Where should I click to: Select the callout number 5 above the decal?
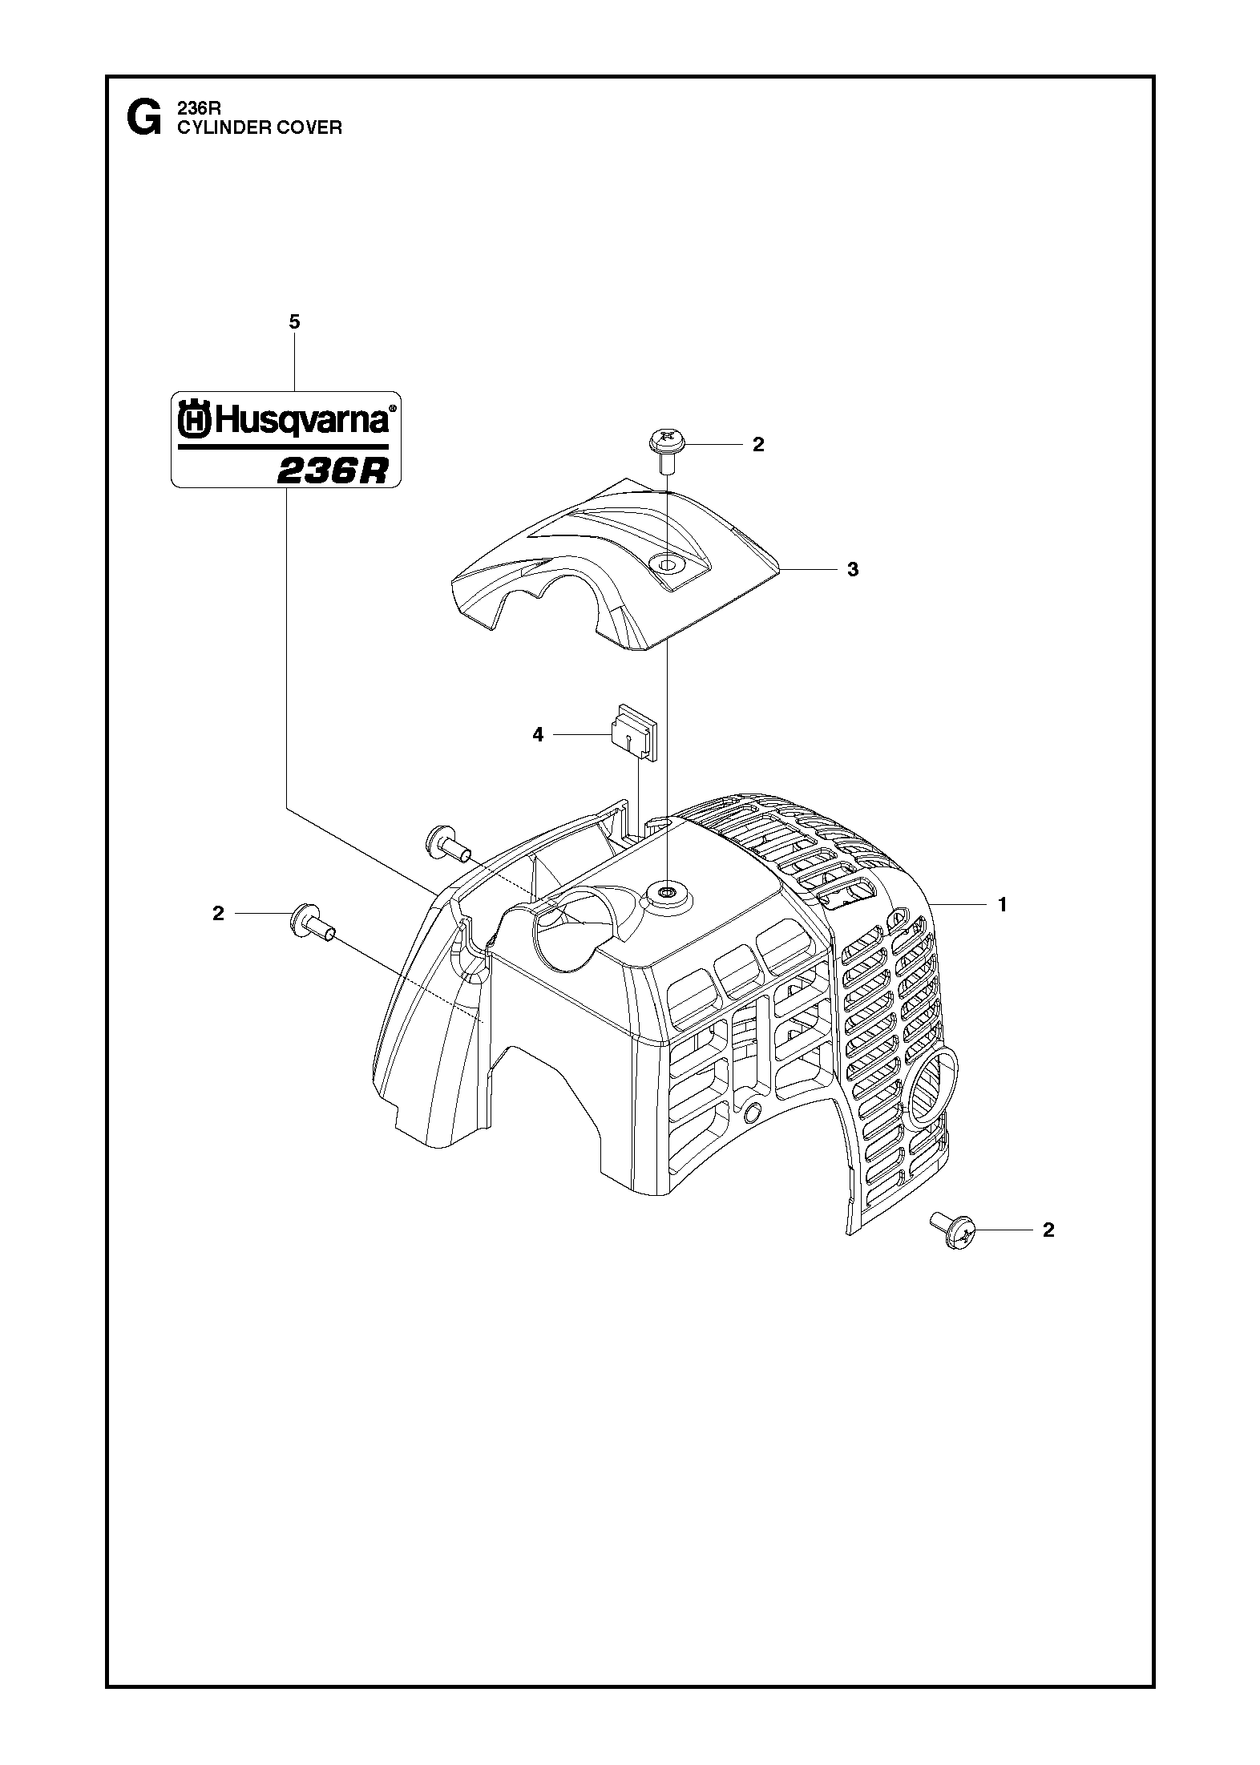point(294,322)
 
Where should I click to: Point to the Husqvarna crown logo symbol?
point(193,421)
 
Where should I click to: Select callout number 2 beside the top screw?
point(758,445)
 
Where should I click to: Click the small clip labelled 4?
point(633,731)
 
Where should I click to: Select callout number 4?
point(538,734)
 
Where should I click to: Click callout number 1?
point(1002,904)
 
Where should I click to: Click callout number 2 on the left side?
point(218,914)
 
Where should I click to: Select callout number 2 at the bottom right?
point(1048,1252)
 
